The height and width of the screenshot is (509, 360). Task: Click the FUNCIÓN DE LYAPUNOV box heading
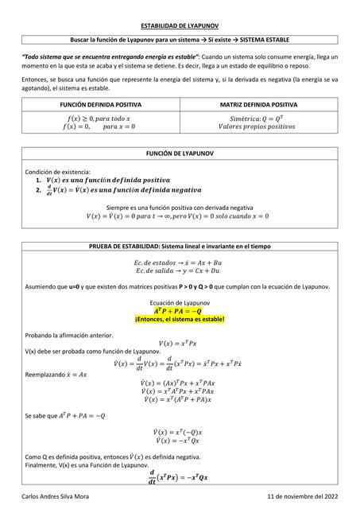click(x=180, y=152)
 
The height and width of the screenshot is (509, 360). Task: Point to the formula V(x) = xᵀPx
click(x=180, y=343)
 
